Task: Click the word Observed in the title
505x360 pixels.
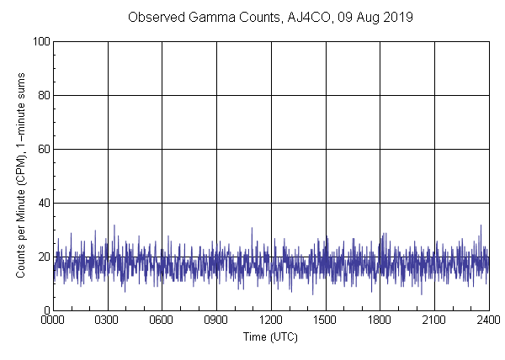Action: tap(151, 17)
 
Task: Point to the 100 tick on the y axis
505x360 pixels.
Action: tap(40, 41)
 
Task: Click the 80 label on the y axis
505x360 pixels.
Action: tap(42, 95)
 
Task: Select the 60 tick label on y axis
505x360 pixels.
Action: tap(42, 149)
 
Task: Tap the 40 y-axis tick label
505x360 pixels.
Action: tap(42, 203)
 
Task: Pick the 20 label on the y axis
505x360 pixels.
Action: tap(42, 257)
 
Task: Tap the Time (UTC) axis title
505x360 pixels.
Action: tap(270, 336)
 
